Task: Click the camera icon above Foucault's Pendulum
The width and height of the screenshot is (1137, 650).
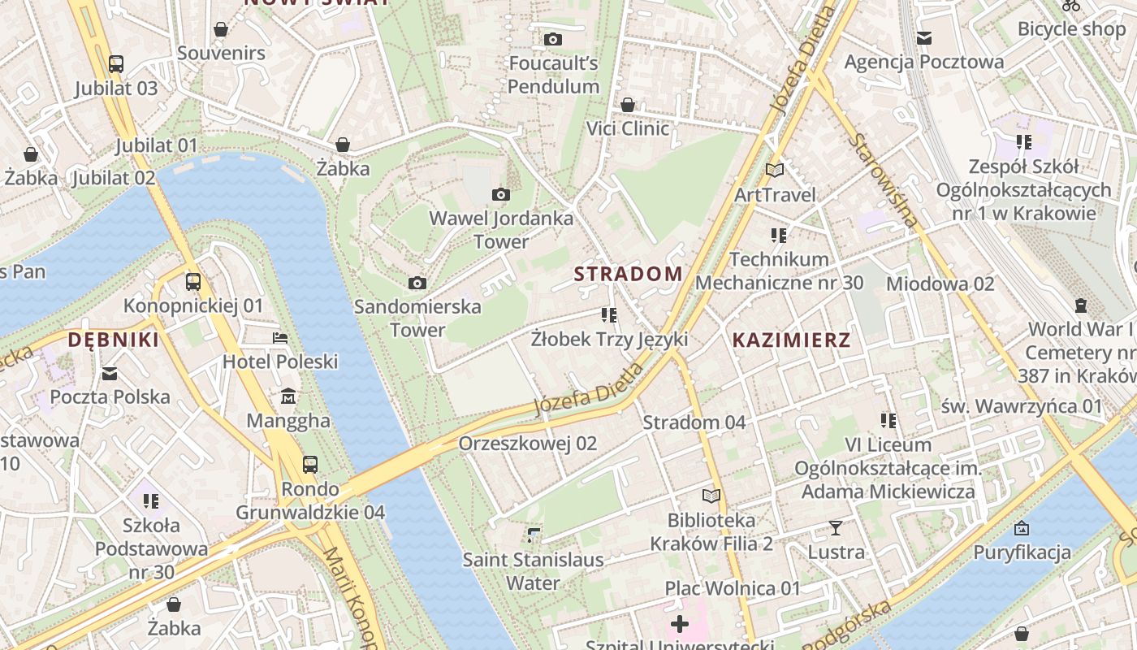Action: tap(553, 39)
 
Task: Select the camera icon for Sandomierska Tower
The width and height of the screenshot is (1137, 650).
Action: tap(417, 283)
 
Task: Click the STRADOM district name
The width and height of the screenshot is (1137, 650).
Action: tap(629, 274)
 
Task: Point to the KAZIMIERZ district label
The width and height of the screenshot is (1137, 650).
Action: tap(791, 340)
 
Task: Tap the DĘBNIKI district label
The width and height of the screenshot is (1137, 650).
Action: tap(114, 340)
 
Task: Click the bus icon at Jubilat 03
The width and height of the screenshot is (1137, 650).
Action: tap(116, 63)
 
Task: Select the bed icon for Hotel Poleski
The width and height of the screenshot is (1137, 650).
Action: tap(280, 337)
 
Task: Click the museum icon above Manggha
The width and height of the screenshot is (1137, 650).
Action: tap(288, 397)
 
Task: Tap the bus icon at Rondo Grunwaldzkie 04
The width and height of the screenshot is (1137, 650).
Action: tap(310, 465)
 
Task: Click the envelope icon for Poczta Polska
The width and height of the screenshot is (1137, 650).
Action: tap(110, 373)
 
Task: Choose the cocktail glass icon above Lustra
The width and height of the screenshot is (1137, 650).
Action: tap(836, 528)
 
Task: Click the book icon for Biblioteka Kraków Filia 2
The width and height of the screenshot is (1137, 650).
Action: tap(711, 496)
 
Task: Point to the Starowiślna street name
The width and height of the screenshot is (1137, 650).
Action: tap(884, 180)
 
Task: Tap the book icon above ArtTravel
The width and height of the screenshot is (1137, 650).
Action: tap(775, 170)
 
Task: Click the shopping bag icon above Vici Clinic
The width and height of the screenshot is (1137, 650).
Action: tap(628, 105)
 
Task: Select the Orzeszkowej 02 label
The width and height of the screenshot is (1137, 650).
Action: tap(527, 444)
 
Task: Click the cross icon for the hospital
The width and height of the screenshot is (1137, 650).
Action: tap(680, 624)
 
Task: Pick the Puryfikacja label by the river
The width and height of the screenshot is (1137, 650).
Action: tap(1022, 553)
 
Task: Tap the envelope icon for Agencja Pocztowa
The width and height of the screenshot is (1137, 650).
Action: tap(923, 37)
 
